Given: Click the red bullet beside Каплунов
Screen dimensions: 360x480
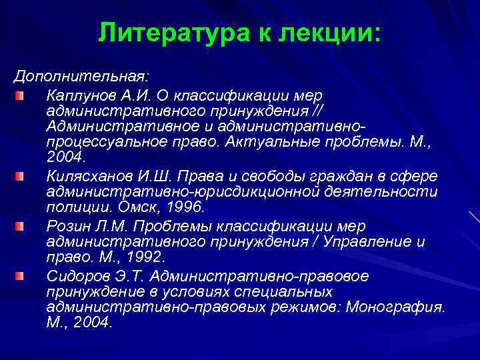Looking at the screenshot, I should [x=21, y=97].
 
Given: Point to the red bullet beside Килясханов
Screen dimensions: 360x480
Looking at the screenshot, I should [x=21, y=177].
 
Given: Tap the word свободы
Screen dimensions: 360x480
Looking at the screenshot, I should [x=279, y=176].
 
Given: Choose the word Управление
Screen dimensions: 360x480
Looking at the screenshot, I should [x=355, y=241].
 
